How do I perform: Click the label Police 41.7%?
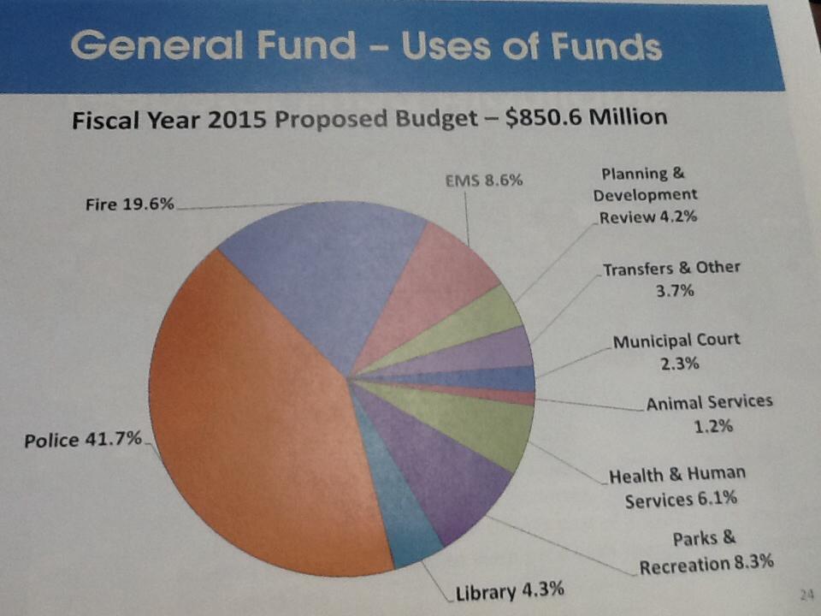click(83, 441)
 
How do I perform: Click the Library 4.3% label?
click(509, 591)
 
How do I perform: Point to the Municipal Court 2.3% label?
click(676, 352)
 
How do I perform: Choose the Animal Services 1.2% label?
click(709, 413)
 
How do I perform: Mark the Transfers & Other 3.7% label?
click(671, 279)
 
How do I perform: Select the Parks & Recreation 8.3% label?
click(706, 551)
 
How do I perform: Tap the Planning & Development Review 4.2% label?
click(646, 195)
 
